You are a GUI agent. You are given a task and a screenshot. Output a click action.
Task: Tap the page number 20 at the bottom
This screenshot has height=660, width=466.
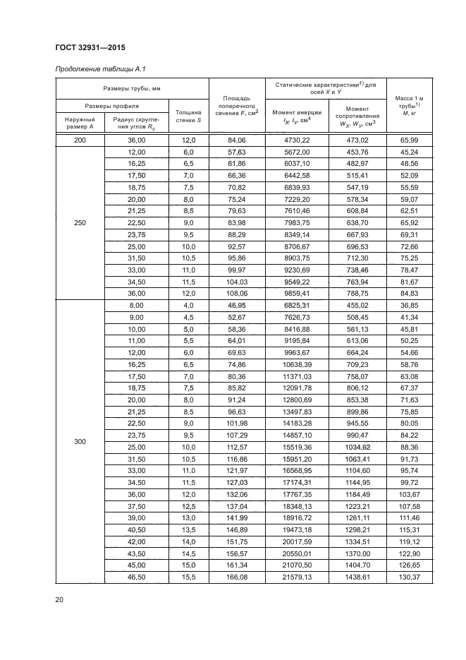pyautogui.click(x=59, y=600)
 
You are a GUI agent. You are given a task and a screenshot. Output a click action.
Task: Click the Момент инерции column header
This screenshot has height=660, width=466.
pyautogui.click(x=297, y=116)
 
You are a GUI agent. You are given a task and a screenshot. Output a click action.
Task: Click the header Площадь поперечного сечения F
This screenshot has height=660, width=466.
pyautogui.click(x=237, y=106)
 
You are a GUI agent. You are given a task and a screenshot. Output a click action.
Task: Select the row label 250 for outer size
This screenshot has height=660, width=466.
pyautogui.click(x=80, y=224)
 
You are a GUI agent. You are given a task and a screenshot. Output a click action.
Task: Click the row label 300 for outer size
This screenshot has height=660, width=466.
pyautogui.click(x=80, y=441)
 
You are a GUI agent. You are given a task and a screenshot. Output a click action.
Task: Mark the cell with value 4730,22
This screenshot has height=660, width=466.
pyautogui.click(x=297, y=140)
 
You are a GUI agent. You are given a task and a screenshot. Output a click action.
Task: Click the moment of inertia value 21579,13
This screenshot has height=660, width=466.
pyautogui.click(x=297, y=577)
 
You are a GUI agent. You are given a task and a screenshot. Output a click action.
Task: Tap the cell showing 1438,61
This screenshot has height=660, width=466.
pyautogui.click(x=357, y=577)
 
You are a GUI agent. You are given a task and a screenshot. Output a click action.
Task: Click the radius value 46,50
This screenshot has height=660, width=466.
pyautogui.click(x=135, y=577)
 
